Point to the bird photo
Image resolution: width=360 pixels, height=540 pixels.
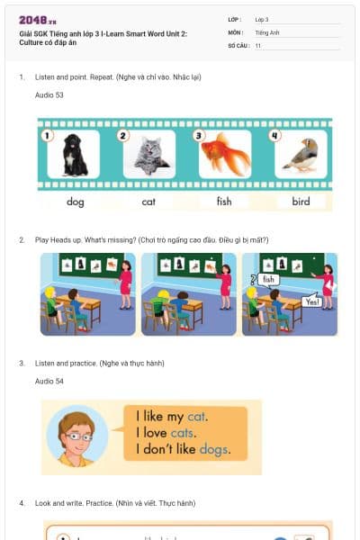(x=300, y=157)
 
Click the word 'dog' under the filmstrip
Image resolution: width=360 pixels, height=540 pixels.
(x=76, y=202)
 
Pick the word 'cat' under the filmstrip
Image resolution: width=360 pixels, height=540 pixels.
(x=149, y=202)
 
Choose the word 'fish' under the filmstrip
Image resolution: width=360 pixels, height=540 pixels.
(x=224, y=202)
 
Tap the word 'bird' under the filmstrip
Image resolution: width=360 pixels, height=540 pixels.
(x=301, y=202)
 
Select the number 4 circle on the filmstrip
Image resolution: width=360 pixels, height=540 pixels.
(x=276, y=136)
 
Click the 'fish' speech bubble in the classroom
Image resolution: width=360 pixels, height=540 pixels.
(x=269, y=280)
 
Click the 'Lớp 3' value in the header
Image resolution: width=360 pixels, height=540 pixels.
(x=262, y=19)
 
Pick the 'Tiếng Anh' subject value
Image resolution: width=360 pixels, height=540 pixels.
(x=267, y=31)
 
